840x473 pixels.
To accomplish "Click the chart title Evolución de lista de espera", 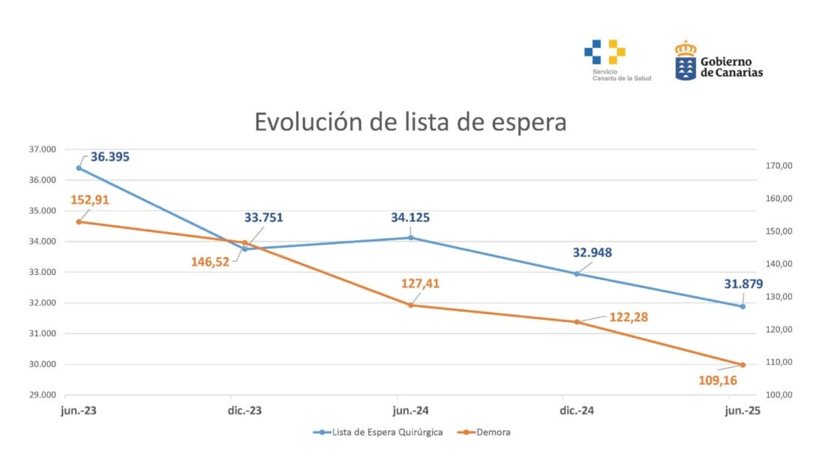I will point(410,122).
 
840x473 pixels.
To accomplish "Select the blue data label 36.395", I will point(110,158).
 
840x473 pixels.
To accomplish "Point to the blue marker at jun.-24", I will point(410,237).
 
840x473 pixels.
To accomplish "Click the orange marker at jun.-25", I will point(742,365).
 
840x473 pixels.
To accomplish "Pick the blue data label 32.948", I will point(592,252).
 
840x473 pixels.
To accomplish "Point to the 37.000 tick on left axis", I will point(42,149).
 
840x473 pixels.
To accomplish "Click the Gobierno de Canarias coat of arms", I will point(685,61).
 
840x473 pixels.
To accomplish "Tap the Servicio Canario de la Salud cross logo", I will point(605,52).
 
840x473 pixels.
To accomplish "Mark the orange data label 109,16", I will point(717,381).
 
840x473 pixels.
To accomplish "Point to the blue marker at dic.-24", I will point(577,274).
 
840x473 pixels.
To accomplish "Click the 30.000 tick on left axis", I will point(42,365).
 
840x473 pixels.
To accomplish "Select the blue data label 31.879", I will point(740,283).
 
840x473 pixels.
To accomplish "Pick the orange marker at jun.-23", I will point(79,221).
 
